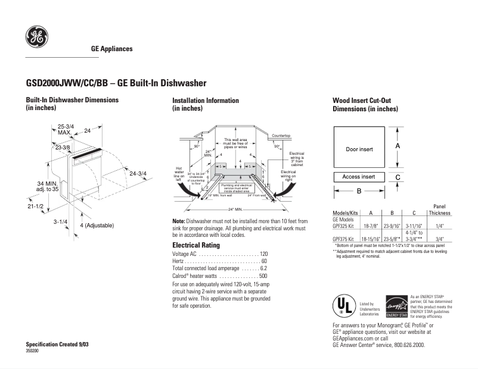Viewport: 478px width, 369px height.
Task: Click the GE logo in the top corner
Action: (x=36, y=38)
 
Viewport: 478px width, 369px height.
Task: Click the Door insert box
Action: (x=359, y=149)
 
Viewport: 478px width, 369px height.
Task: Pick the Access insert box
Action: (x=359, y=177)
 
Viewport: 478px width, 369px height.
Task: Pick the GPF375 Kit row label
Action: (x=343, y=238)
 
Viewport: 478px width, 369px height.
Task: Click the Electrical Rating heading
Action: (x=196, y=245)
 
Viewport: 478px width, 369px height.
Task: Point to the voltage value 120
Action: (x=263, y=254)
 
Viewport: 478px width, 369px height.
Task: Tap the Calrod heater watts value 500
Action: (x=263, y=277)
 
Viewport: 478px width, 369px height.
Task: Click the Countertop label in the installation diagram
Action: (x=281, y=136)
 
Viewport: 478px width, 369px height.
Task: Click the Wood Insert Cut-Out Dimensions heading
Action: (x=365, y=105)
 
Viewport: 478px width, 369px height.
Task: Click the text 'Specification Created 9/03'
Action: (x=57, y=345)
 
